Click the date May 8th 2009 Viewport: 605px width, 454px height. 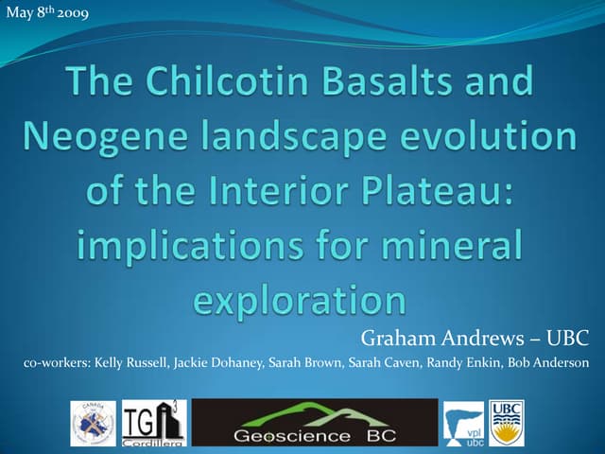pyautogui.click(x=47, y=12)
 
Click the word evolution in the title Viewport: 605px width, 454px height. pyautogui.click(x=497, y=137)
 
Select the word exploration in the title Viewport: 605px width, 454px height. pyautogui.click(x=300, y=300)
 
